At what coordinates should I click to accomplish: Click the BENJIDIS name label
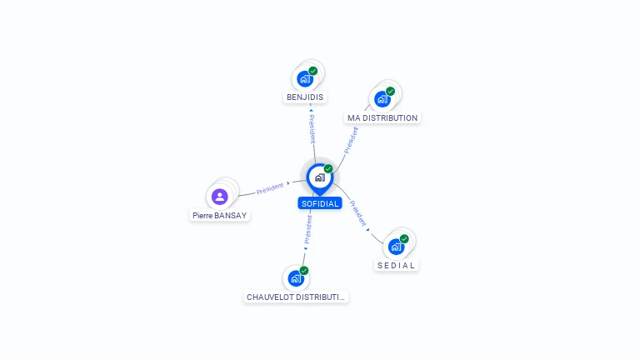click(x=305, y=97)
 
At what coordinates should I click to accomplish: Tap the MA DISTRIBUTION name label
click(x=382, y=118)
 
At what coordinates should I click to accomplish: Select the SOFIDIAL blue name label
click(x=320, y=203)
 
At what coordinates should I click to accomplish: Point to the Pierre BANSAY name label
click(x=220, y=215)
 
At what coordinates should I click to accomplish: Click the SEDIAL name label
click(x=396, y=265)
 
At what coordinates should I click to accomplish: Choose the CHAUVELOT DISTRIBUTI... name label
click(x=296, y=297)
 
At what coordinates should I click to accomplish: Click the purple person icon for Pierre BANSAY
click(x=219, y=197)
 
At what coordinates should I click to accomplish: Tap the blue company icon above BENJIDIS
click(x=304, y=79)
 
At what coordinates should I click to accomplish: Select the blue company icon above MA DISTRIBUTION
click(x=382, y=99)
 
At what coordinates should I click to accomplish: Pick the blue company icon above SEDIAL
click(x=396, y=247)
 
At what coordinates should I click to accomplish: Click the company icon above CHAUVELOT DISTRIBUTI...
click(x=295, y=278)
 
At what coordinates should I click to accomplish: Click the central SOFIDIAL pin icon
click(x=319, y=177)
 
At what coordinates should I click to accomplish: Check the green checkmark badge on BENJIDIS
click(x=313, y=71)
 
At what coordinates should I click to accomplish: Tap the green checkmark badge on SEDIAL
click(x=404, y=239)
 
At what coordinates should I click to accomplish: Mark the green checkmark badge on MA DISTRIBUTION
click(x=390, y=92)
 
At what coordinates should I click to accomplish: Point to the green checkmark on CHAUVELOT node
click(x=304, y=271)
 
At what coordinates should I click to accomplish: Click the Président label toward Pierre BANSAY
click(x=270, y=187)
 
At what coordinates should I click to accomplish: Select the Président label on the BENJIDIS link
click(x=312, y=130)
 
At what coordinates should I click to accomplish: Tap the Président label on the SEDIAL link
click(x=357, y=213)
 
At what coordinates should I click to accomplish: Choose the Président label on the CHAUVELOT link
click(x=307, y=230)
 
